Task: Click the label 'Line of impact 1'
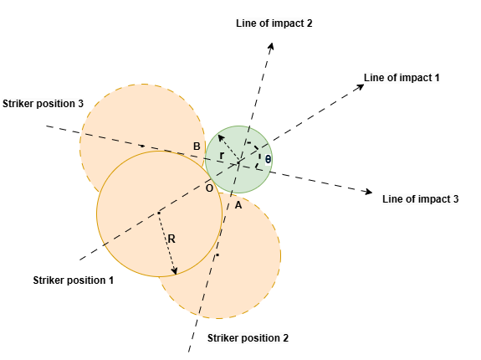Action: pyautogui.click(x=402, y=78)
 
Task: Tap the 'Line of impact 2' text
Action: pyautogui.click(x=274, y=23)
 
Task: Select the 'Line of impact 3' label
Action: pyautogui.click(x=420, y=199)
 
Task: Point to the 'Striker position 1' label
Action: pyautogui.click(x=74, y=280)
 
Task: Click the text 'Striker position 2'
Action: pyautogui.click(x=248, y=338)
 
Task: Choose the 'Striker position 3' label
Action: pyautogui.click(x=43, y=104)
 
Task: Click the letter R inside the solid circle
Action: pyautogui.click(x=171, y=239)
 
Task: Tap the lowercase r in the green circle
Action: pyautogui.click(x=222, y=156)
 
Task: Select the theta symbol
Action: pyautogui.click(x=268, y=160)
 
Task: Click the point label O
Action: pyautogui.click(x=209, y=188)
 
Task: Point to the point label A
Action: pyautogui.click(x=238, y=205)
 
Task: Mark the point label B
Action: pyautogui.click(x=197, y=147)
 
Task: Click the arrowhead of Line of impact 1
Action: pyautogui.click(x=361, y=86)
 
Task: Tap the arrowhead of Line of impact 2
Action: pyautogui.click(x=271, y=46)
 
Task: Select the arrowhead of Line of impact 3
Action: pyautogui.click(x=369, y=192)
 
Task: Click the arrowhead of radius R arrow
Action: pyautogui.click(x=174, y=271)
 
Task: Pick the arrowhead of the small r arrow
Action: pyautogui.click(x=220, y=137)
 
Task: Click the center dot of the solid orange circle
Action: pyautogui.click(x=159, y=213)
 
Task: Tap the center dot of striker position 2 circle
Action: pyautogui.click(x=217, y=255)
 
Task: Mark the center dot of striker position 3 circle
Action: pyautogui.click(x=143, y=146)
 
